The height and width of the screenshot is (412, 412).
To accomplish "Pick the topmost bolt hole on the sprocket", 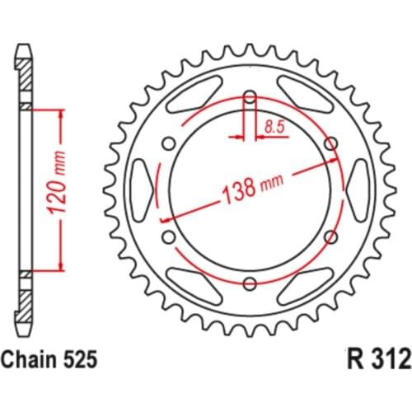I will tap(250, 98).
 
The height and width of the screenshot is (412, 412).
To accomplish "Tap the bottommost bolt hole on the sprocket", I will tap(250, 285).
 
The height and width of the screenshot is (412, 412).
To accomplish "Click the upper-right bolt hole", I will tap(331, 145).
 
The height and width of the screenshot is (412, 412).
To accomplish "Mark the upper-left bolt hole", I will tap(168, 145).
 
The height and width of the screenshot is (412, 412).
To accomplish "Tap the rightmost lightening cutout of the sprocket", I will tap(361, 191).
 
